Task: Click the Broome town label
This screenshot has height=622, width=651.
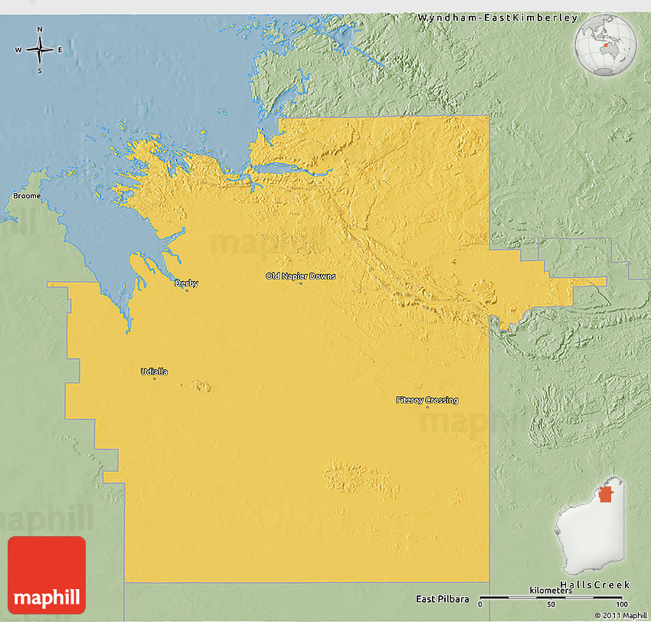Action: click(x=27, y=196)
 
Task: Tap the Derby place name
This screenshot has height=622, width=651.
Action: click(x=186, y=283)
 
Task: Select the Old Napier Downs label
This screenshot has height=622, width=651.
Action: click(x=300, y=276)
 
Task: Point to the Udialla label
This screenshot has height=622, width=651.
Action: click(x=154, y=372)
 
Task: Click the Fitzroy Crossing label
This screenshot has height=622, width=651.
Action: click(x=427, y=400)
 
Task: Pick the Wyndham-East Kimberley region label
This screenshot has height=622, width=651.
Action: click(x=498, y=17)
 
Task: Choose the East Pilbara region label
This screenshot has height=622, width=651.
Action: click(x=440, y=599)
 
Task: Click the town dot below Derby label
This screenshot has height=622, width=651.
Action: click(x=186, y=290)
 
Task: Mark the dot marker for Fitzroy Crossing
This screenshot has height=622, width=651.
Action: click(x=427, y=407)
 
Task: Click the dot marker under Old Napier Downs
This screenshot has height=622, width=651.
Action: click(x=300, y=283)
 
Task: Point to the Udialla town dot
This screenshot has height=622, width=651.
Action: click(x=154, y=378)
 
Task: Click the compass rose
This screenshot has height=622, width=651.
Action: click(x=40, y=51)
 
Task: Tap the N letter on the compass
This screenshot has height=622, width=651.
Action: click(x=40, y=30)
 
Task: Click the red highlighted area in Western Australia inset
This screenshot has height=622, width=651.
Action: click(x=606, y=493)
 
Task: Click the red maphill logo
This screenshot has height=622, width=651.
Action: click(x=46, y=575)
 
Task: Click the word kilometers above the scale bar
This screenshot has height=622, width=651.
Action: click(x=550, y=590)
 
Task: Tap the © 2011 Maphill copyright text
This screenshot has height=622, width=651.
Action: click(x=620, y=615)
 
